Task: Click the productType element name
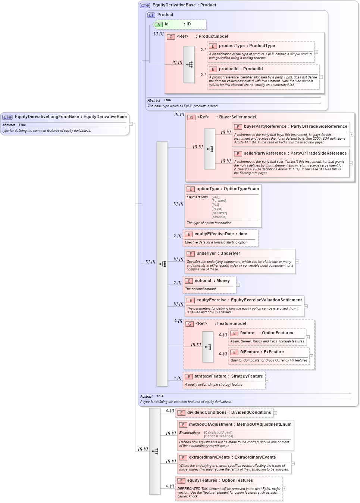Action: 232,46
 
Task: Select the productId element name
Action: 229,69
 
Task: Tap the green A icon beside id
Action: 159,25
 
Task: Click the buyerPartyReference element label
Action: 265,127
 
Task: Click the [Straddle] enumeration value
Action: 219,217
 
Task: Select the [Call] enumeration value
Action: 216,197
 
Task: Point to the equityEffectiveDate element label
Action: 214,234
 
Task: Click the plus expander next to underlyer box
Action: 297,261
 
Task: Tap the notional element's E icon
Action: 189,281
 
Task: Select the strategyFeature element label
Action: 210,376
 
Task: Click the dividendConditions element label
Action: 207,413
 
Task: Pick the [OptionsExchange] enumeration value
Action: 219,436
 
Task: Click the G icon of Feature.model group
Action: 190,324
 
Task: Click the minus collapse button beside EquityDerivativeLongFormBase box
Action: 131,124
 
